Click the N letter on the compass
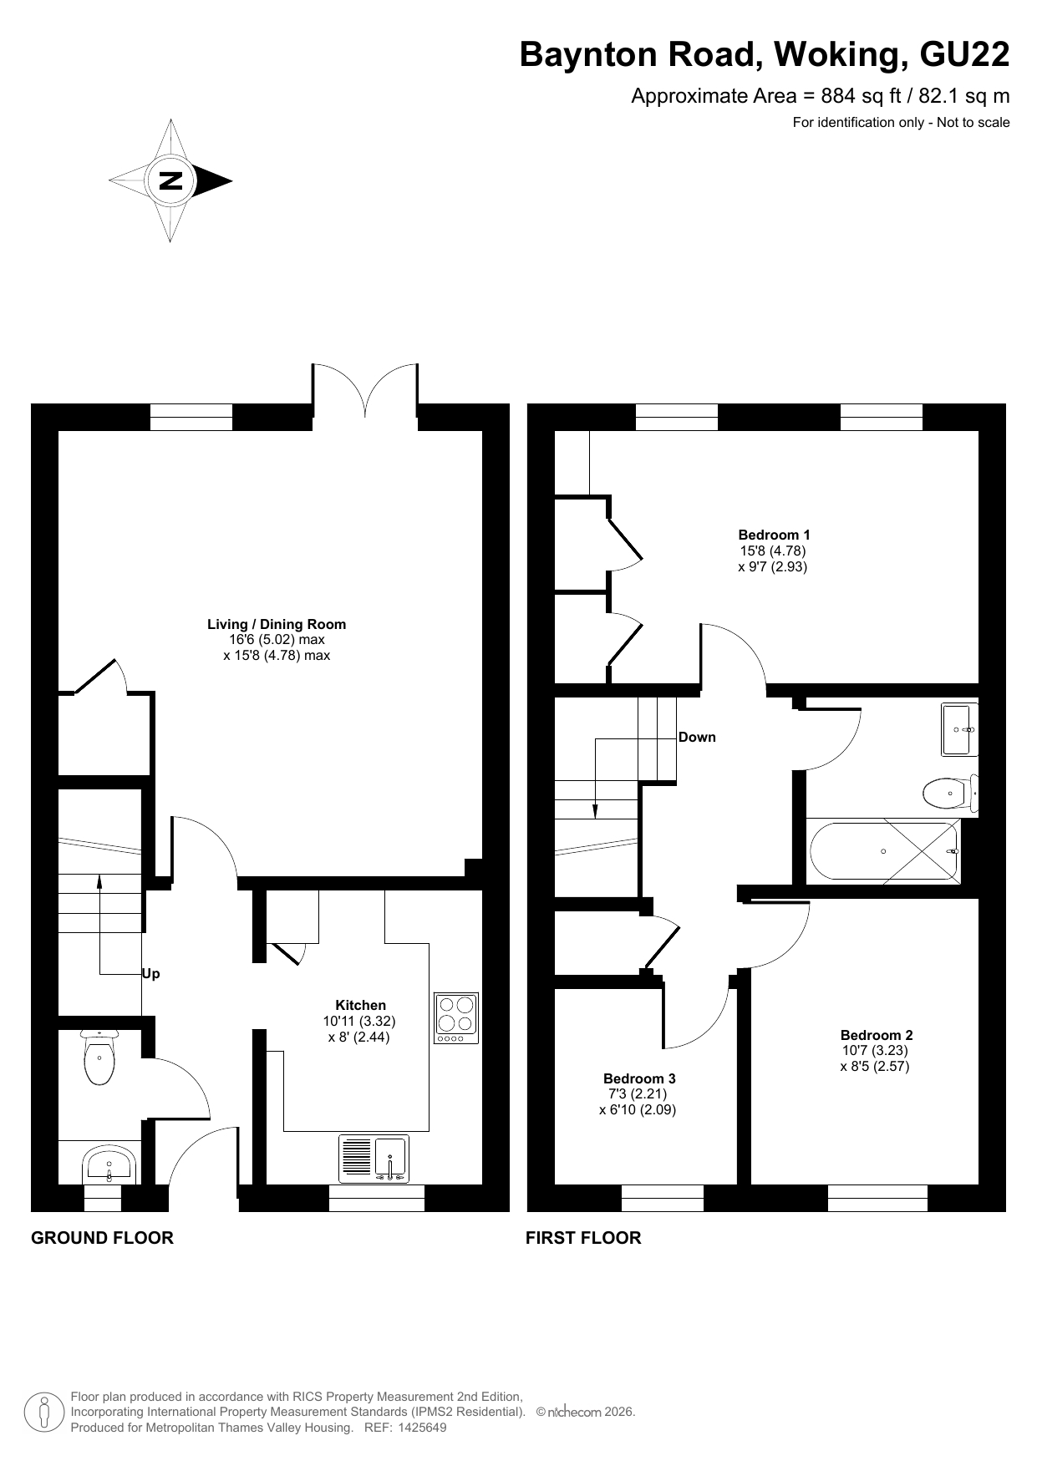click(x=170, y=180)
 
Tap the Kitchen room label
click(x=360, y=1005)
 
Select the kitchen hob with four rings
click(x=456, y=1018)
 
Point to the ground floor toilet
click(x=99, y=1057)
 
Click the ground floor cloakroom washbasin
click(x=109, y=1163)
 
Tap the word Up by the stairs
click(x=151, y=974)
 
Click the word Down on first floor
click(x=697, y=738)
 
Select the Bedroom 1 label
click(x=774, y=535)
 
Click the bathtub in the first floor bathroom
click(x=884, y=851)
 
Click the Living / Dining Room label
click(x=277, y=625)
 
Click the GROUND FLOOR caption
click(x=102, y=1238)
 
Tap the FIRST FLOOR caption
click(x=583, y=1238)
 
